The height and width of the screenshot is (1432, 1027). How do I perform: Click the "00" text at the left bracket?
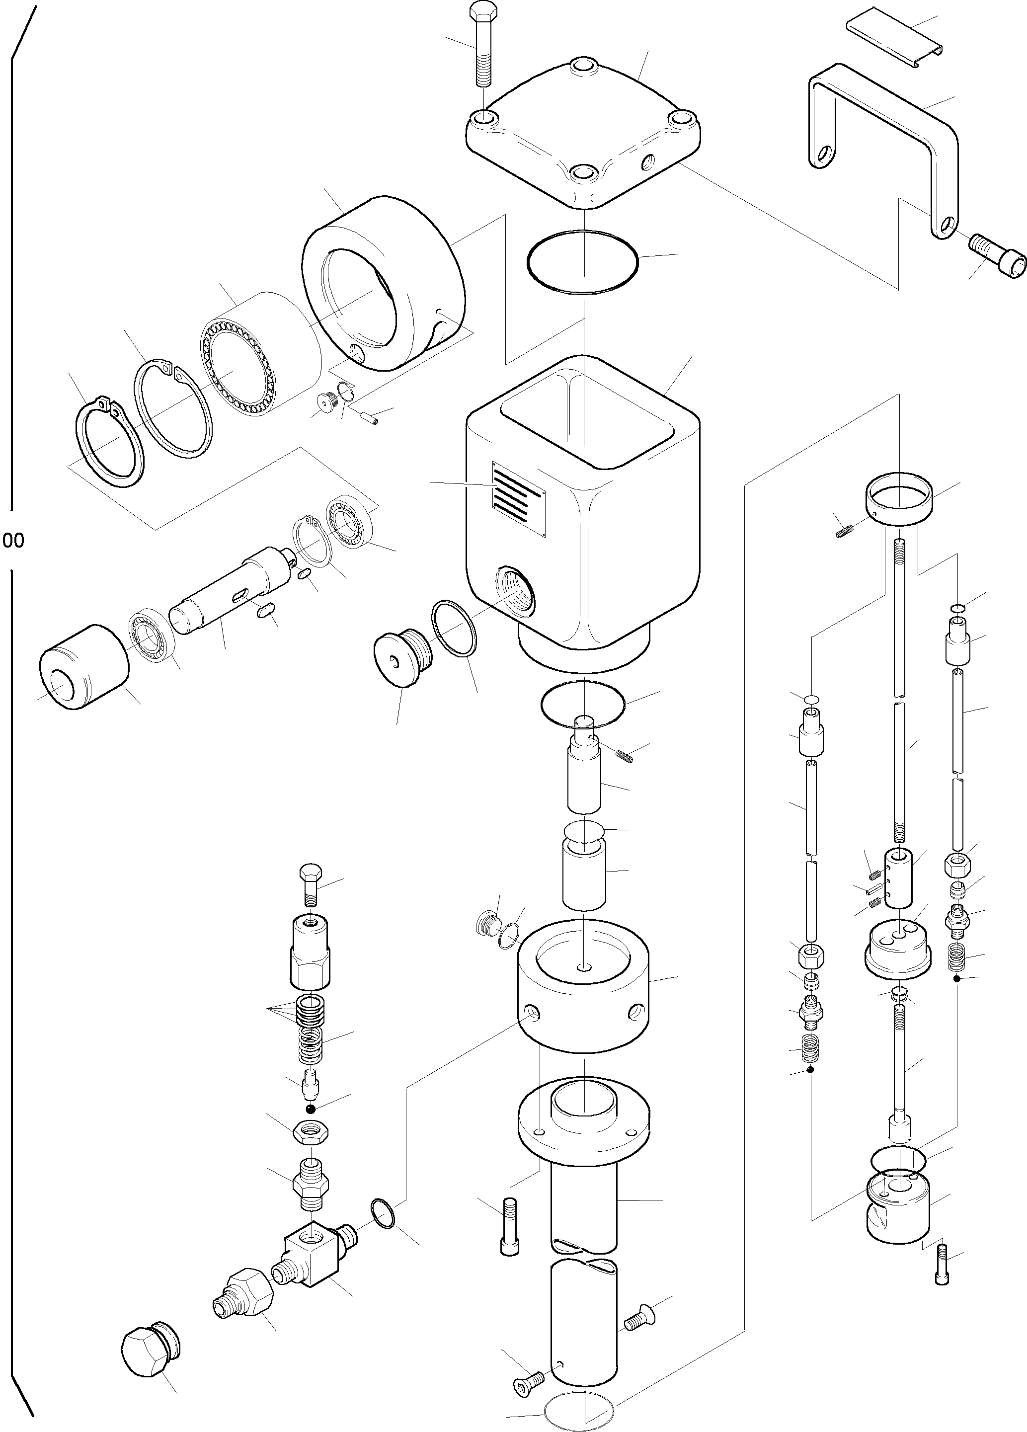(x=13, y=541)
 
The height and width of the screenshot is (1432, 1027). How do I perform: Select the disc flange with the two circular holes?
(x=896, y=956)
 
